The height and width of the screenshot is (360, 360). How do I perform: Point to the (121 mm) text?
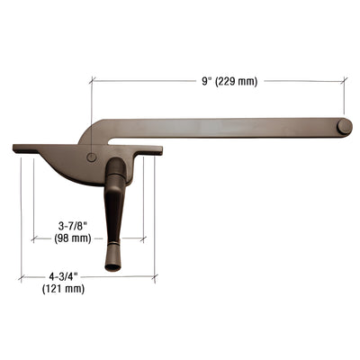(63, 289)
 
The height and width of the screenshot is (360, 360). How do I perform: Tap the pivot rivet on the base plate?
(93, 157)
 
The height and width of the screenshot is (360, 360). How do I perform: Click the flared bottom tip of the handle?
(112, 265)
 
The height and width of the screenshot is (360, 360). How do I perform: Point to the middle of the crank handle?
(112, 211)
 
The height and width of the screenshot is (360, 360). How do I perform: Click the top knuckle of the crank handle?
(116, 168)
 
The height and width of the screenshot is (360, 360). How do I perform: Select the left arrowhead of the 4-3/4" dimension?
(22, 276)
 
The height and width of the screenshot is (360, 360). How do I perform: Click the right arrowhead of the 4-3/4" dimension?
(153, 276)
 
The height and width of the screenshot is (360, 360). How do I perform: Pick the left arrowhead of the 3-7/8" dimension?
(33, 239)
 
